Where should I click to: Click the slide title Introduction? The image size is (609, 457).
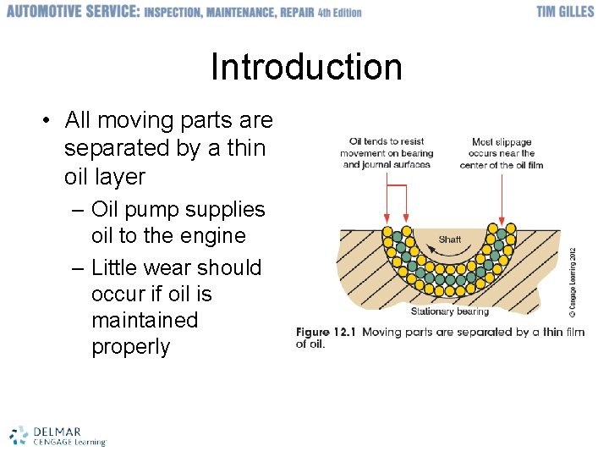[306, 67]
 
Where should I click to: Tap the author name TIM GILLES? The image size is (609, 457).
[565, 12]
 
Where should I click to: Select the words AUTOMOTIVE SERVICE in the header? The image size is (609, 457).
[72, 12]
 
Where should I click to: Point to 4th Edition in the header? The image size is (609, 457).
[339, 13]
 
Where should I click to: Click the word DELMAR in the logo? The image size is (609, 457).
[57, 430]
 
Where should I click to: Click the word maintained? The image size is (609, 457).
[144, 320]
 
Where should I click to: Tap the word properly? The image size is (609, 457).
[130, 346]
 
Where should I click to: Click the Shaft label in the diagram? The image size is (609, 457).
[450, 240]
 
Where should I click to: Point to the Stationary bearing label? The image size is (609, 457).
[449, 311]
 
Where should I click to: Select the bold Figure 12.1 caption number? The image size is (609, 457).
[326, 332]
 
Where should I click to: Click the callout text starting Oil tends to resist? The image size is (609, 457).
[387, 153]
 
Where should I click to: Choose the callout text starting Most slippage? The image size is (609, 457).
[502, 153]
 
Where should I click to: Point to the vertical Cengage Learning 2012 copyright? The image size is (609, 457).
[573, 282]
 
